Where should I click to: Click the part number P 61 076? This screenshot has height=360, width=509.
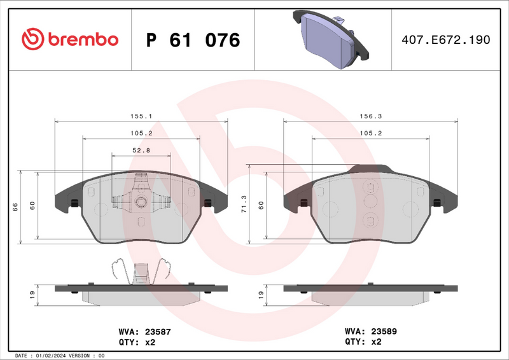[x=193, y=40]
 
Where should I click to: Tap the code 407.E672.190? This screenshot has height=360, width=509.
[x=446, y=40]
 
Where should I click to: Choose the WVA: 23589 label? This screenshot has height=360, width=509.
[x=371, y=331]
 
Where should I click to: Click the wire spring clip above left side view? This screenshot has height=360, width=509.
[x=141, y=270]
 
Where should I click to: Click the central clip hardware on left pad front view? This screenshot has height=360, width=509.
[x=141, y=201]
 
